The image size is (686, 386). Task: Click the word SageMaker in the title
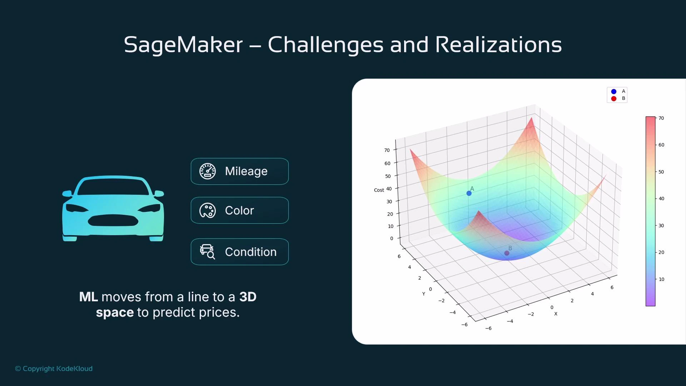tap(183, 45)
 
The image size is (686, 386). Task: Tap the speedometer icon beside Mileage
tap(208, 171)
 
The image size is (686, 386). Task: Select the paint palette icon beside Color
tap(208, 211)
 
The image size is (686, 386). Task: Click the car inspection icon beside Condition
tap(208, 252)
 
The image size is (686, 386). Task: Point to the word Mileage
tap(246, 171)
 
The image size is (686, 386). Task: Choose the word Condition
tap(250, 252)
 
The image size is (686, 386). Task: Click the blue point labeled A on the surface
tap(469, 193)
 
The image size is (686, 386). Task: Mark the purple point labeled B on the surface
tap(507, 253)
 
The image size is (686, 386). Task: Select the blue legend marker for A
tap(614, 91)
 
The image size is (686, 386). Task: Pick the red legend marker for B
tap(614, 99)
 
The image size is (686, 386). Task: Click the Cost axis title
tap(379, 190)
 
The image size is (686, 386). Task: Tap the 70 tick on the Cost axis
tap(387, 150)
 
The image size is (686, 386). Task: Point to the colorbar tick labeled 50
tap(661, 172)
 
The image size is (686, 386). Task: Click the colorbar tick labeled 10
tap(661, 279)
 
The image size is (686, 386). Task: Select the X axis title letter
tap(556, 314)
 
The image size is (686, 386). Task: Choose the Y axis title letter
tap(424, 294)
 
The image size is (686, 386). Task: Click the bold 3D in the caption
tap(248, 297)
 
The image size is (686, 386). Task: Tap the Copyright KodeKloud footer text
tap(54, 368)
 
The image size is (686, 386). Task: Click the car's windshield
tap(113, 187)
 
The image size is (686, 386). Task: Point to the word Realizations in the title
tap(498, 45)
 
